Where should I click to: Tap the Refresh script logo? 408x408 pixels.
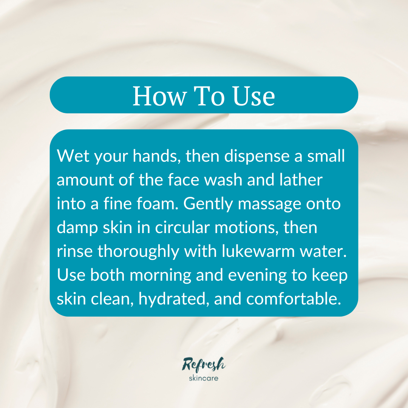pyautogui.click(x=204, y=365)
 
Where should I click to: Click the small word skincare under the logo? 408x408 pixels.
pyautogui.click(x=204, y=377)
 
